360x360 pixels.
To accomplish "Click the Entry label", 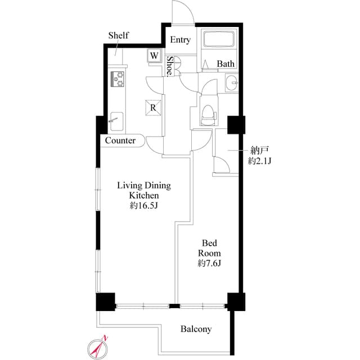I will [180, 40].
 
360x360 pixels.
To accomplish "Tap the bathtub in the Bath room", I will [220, 40].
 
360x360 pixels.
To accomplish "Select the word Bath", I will [226, 64].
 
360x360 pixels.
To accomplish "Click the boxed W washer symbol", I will [154, 56].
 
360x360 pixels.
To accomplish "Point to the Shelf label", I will [118, 35].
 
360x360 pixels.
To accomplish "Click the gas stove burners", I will [119, 79].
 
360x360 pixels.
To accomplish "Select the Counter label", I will [120, 141].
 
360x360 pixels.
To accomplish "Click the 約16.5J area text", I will [143, 206].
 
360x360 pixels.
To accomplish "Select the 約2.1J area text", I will [260, 161].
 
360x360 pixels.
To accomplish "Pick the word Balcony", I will [196, 329].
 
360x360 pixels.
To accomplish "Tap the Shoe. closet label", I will [169, 66].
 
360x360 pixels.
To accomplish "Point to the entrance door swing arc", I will [181, 12].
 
